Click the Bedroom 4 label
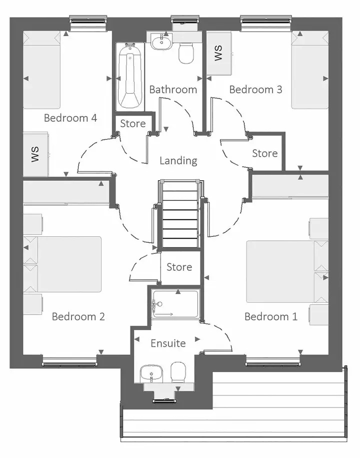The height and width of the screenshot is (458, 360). pos(70,118)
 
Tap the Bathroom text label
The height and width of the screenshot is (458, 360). pos(173,90)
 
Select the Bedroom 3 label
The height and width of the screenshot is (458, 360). pos(255,90)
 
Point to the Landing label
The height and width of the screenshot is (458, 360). pos(178,161)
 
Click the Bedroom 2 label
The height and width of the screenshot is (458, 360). pos(78,317)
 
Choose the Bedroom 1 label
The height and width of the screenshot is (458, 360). pos(270,317)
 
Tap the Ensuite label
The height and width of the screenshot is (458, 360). pos(168,343)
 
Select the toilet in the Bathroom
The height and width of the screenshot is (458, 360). pos(186,53)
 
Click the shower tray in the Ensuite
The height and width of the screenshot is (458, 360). pos(175,304)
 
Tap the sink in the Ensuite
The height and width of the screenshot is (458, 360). pos(151,373)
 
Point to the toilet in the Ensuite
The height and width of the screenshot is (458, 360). pos(178,372)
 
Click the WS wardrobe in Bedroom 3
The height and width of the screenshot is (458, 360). pos(219,53)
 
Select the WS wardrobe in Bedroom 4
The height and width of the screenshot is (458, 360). pos(35,154)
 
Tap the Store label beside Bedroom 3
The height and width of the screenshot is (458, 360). pos(265,153)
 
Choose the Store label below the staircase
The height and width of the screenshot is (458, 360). pos(179,267)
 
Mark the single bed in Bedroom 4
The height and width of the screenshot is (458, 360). pos(41,70)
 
